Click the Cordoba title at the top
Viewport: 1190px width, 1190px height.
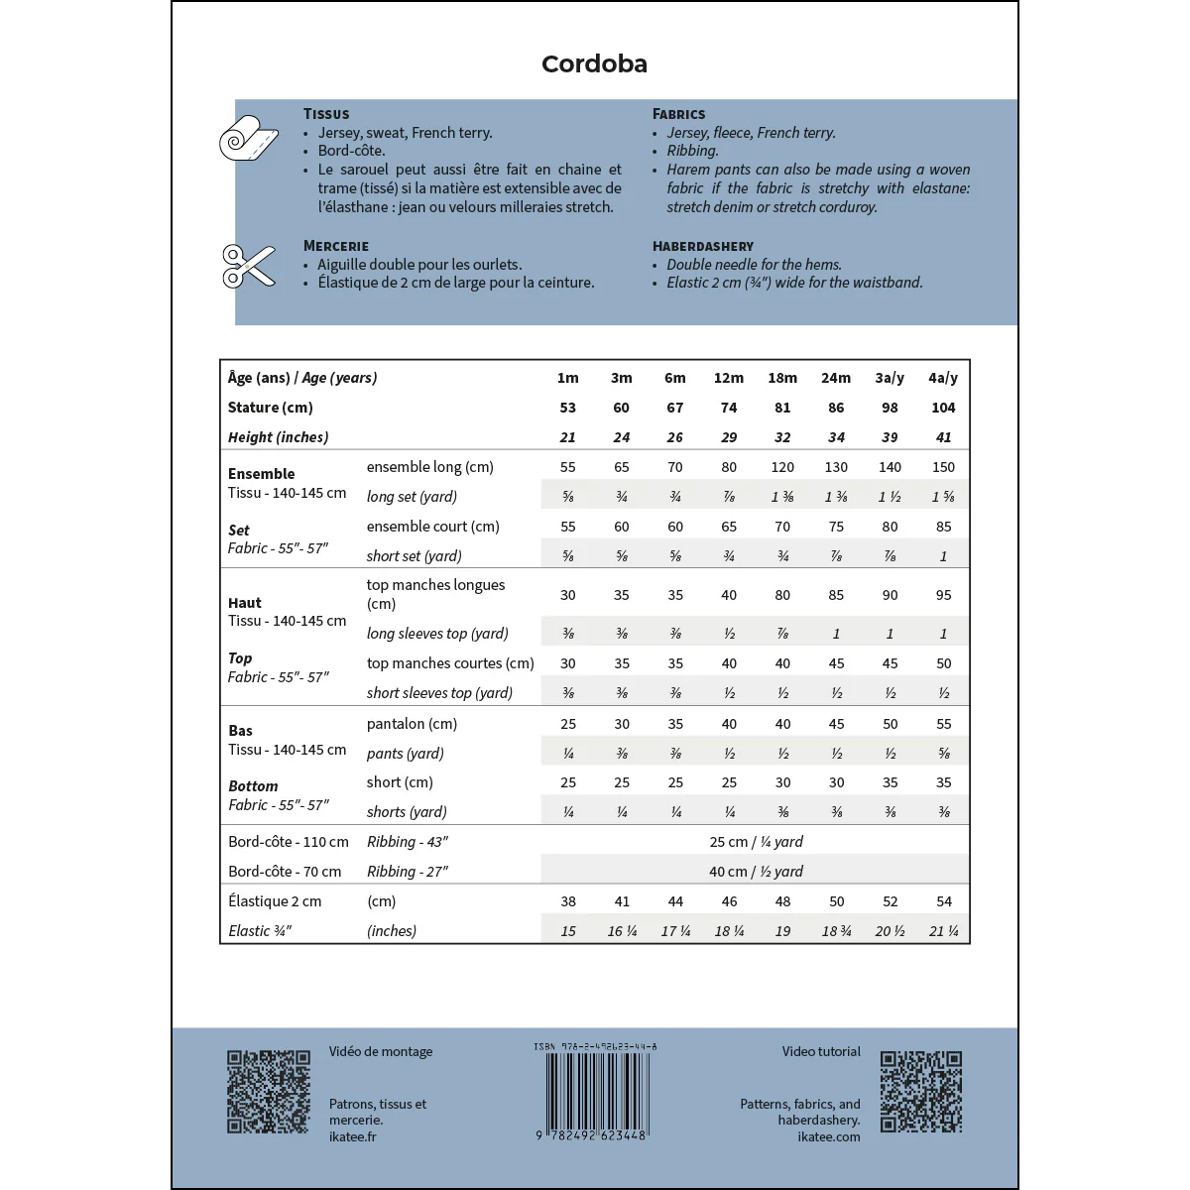pos(594,64)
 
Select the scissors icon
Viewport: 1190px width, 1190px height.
pos(248,266)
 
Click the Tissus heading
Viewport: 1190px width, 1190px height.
pos(326,114)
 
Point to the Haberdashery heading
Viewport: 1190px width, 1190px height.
pos(702,246)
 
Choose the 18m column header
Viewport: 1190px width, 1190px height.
pos(782,378)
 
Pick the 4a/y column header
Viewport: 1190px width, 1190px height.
pos(943,378)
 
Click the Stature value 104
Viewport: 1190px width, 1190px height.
pos(943,408)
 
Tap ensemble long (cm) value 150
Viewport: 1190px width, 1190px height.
pos(943,467)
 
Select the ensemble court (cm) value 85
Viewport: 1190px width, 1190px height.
pos(943,527)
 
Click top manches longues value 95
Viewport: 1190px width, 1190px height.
pos(943,595)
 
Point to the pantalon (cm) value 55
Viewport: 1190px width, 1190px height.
pos(943,724)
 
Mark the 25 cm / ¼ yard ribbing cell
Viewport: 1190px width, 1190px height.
pos(756,842)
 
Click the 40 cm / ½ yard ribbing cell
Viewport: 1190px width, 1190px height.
pos(756,872)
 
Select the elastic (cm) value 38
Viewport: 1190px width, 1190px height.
pos(568,901)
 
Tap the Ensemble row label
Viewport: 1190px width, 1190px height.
pos(262,474)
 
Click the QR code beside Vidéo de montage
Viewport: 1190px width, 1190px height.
pos(269,1092)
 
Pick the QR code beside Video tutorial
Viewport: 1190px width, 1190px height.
pos(921,1092)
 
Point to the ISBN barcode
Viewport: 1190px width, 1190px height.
pos(595,1091)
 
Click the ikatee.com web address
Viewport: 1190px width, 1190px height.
pos(828,1136)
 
